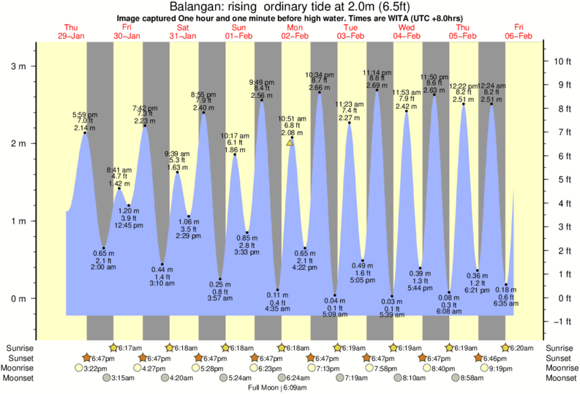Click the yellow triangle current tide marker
[x=290, y=143]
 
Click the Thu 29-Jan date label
[x=72, y=31]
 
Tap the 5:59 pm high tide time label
[x=85, y=115]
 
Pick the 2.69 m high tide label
[x=376, y=86]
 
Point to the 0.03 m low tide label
[x=392, y=301]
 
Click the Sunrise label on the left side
[x=19, y=349]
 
